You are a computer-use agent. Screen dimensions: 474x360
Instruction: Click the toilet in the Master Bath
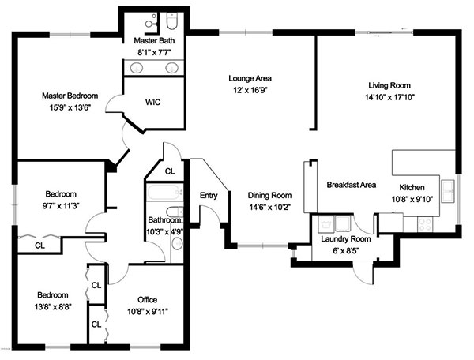click(x=171, y=21)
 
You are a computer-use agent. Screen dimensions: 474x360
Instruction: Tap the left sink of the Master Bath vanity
click(x=137, y=68)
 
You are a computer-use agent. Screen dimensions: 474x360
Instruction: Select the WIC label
click(x=152, y=102)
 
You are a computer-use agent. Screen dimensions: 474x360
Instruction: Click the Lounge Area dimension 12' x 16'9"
click(x=250, y=90)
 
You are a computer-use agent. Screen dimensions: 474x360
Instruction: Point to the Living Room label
click(x=389, y=85)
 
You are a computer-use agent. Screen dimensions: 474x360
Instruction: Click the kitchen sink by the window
click(x=448, y=192)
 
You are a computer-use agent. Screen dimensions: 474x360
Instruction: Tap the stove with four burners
click(x=425, y=225)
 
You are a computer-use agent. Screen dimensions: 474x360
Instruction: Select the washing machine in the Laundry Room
click(x=325, y=224)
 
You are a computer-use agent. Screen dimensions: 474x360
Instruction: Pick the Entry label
click(x=209, y=196)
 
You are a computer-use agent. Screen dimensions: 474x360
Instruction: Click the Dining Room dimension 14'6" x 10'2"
click(x=269, y=208)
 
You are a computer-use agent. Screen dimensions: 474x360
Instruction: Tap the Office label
click(x=147, y=299)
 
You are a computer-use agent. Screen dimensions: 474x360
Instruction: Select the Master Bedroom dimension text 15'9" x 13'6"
click(x=70, y=107)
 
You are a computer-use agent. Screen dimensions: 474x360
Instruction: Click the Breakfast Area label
click(x=352, y=185)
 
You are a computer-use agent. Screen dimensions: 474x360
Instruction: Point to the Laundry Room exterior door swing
click(x=363, y=273)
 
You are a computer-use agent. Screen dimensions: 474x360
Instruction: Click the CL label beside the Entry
click(x=170, y=171)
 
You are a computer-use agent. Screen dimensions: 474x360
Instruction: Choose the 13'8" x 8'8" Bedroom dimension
click(x=53, y=307)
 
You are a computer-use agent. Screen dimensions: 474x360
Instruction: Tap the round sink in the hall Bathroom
click(x=177, y=243)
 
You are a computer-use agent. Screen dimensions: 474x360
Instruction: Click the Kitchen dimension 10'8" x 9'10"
click(x=412, y=199)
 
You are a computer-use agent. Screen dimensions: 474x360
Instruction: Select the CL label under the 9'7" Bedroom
click(x=39, y=246)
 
